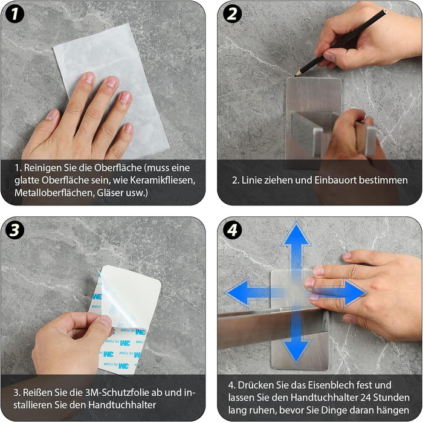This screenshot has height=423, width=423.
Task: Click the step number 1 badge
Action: [15, 14]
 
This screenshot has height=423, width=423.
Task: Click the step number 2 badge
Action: [232, 14]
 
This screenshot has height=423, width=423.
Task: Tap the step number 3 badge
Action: [15, 230]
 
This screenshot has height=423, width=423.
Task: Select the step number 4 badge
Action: [232, 230]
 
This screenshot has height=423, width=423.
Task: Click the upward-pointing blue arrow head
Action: [296, 234]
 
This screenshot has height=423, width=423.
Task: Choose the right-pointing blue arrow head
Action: [355, 292]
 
